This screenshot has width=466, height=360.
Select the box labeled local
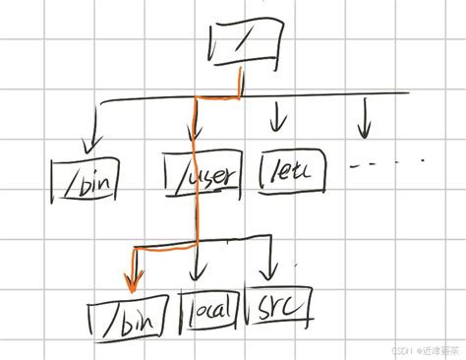coord(208,311)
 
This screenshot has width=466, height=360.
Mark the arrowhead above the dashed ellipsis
coord(366,131)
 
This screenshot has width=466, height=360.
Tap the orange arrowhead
coord(130,285)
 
